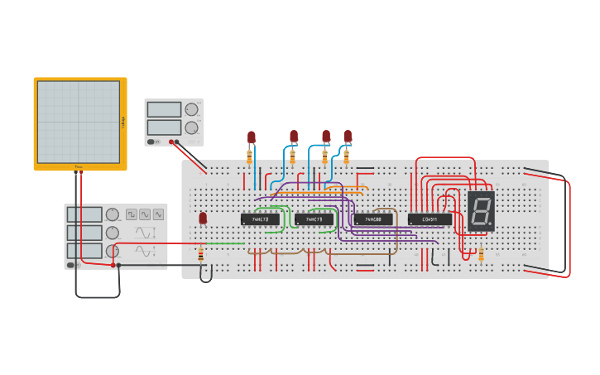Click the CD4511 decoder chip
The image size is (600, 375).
[x=430, y=219]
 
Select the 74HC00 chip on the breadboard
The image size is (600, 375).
[x=373, y=219]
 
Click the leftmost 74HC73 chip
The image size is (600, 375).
[x=260, y=219]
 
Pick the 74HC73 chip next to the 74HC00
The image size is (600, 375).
[x=314, y=219]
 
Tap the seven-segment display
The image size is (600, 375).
[x=481, y=211]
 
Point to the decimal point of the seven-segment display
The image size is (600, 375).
[x=491, y=224]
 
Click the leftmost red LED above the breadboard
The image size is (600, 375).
[x=252, y=137]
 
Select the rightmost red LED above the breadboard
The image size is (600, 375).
[x=348, y=136]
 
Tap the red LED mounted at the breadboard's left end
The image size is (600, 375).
[x=203, y=218]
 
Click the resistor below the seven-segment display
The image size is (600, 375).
[x=481, y=252]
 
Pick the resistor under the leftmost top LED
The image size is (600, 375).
[x=249, y=154]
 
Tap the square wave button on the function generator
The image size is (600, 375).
[x=132, y=214]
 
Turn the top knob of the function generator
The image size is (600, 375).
[x=112, y=214]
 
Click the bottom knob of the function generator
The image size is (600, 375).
[x=112, y=251]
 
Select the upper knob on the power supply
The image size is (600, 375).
[x=191, y=109]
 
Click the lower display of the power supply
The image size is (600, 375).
[x=164, y=127]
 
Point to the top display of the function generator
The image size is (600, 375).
[x=85, y=214]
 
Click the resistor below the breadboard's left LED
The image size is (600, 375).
[x=200, y=254]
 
